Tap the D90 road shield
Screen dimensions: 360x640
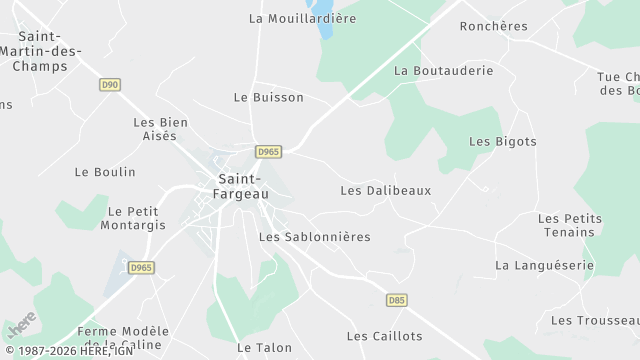tap(110, 85)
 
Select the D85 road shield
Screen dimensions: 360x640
tap(397, 300)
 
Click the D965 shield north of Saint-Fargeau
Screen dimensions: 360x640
tap(268, 152)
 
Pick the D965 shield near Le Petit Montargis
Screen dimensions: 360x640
tap(141, 268)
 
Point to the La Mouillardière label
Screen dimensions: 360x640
tap(302, 18)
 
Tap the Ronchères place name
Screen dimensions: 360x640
tap(493, 26)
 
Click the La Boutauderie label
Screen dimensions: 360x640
tap(444, 71)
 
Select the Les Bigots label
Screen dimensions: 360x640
tap(503, 142)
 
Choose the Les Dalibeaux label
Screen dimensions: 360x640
tap(385, 190)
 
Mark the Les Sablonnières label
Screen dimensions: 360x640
tap(314, 237)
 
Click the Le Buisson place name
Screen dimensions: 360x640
tap(268, 98)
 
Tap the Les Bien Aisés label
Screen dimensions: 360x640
tap(160, 129)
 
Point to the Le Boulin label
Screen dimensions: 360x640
tap(105, 172)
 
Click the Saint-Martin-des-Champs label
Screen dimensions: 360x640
tap(41, 51)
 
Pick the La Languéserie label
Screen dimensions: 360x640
tap(544, 266)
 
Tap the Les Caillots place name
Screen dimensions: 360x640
tap(384, 336)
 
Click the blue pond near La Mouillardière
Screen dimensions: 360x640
tap(325, 23)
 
